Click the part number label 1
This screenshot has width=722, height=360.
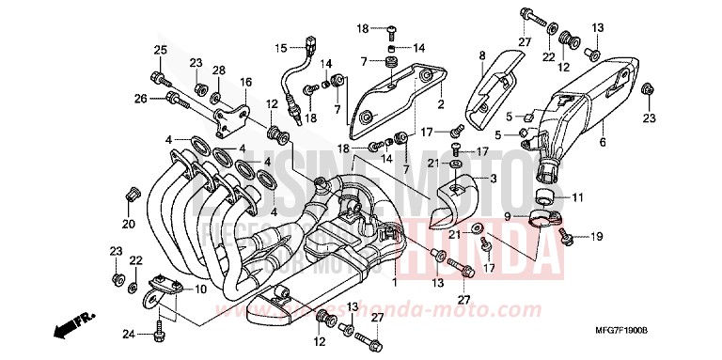pyautogui.click(x=396, y=282)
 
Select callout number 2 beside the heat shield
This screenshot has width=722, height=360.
pyautogui.click(x=440, y=104)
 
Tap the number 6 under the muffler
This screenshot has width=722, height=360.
pyautogui.click(x=603, y=145)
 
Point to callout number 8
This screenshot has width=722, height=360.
pyautogui.click(x=483, y=55)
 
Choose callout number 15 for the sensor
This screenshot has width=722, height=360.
pyautogui.click(x=279, y=48)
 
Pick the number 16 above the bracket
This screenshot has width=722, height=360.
pyautogui.click(x=246, y=83)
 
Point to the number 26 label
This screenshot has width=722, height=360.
pyautogui.click(x=140, y=97)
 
